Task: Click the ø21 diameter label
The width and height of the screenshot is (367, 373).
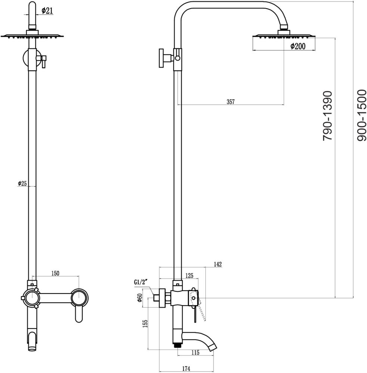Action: click(47, 11)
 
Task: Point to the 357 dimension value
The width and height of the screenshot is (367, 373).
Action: click(230, 102)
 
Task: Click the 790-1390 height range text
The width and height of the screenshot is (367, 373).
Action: click(327, 116)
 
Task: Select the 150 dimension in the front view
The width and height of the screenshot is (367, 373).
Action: click(55, 273)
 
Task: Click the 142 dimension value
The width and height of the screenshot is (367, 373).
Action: click(218, 264)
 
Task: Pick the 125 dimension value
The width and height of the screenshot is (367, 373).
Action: click(189, 276)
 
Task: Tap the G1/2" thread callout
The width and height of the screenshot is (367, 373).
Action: click(140, 282)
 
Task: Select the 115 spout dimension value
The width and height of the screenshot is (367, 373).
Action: click(195, 352)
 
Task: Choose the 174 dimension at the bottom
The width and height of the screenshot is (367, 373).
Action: click(186, 369)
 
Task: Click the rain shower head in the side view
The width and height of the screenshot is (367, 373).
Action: click(284, 36)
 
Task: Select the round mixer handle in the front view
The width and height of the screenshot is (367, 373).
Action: click(80, 298)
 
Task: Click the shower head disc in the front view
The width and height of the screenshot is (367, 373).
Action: click(32, 36)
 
